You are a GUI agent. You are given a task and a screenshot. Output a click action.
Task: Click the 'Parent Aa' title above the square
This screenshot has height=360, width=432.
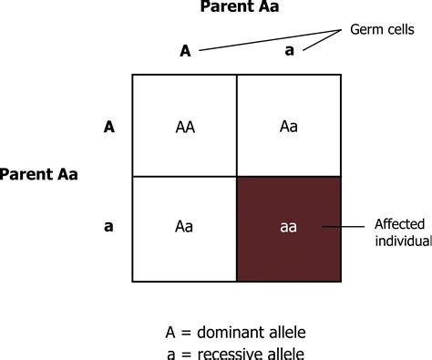240,6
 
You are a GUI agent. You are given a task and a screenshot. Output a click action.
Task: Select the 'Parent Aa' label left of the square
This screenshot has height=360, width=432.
38,174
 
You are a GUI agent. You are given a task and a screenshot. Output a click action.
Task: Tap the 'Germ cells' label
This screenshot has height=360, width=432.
382,30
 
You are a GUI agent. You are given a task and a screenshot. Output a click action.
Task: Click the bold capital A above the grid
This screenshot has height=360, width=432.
185,51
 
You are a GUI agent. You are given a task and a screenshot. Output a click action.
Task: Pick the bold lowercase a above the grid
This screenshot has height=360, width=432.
290,51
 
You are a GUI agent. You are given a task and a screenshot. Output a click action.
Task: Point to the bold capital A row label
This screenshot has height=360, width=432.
109,127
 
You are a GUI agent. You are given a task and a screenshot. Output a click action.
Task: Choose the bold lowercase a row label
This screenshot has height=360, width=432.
108,227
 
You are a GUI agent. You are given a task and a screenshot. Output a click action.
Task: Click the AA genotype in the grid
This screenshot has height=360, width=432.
185,127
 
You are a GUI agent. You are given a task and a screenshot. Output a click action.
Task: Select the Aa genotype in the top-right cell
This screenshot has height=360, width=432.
289,127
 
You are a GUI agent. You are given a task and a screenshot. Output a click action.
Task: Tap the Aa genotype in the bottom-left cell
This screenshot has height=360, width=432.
184,227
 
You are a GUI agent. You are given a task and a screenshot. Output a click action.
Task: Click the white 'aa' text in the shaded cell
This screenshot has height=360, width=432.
288,227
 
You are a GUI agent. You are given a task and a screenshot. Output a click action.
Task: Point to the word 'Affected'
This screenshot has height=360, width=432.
399,224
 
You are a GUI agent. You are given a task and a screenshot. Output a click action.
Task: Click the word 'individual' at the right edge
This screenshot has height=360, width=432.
404,241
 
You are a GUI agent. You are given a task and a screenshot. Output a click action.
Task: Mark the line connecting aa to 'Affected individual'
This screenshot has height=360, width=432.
344,227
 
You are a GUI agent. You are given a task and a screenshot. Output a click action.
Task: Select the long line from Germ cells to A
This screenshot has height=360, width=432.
270,40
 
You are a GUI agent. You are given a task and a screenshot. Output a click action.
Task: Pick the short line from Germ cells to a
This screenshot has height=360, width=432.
322,40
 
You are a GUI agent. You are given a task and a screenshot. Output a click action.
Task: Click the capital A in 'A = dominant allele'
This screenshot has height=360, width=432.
170,333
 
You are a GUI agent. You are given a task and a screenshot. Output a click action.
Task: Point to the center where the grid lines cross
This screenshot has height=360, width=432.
237,177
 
